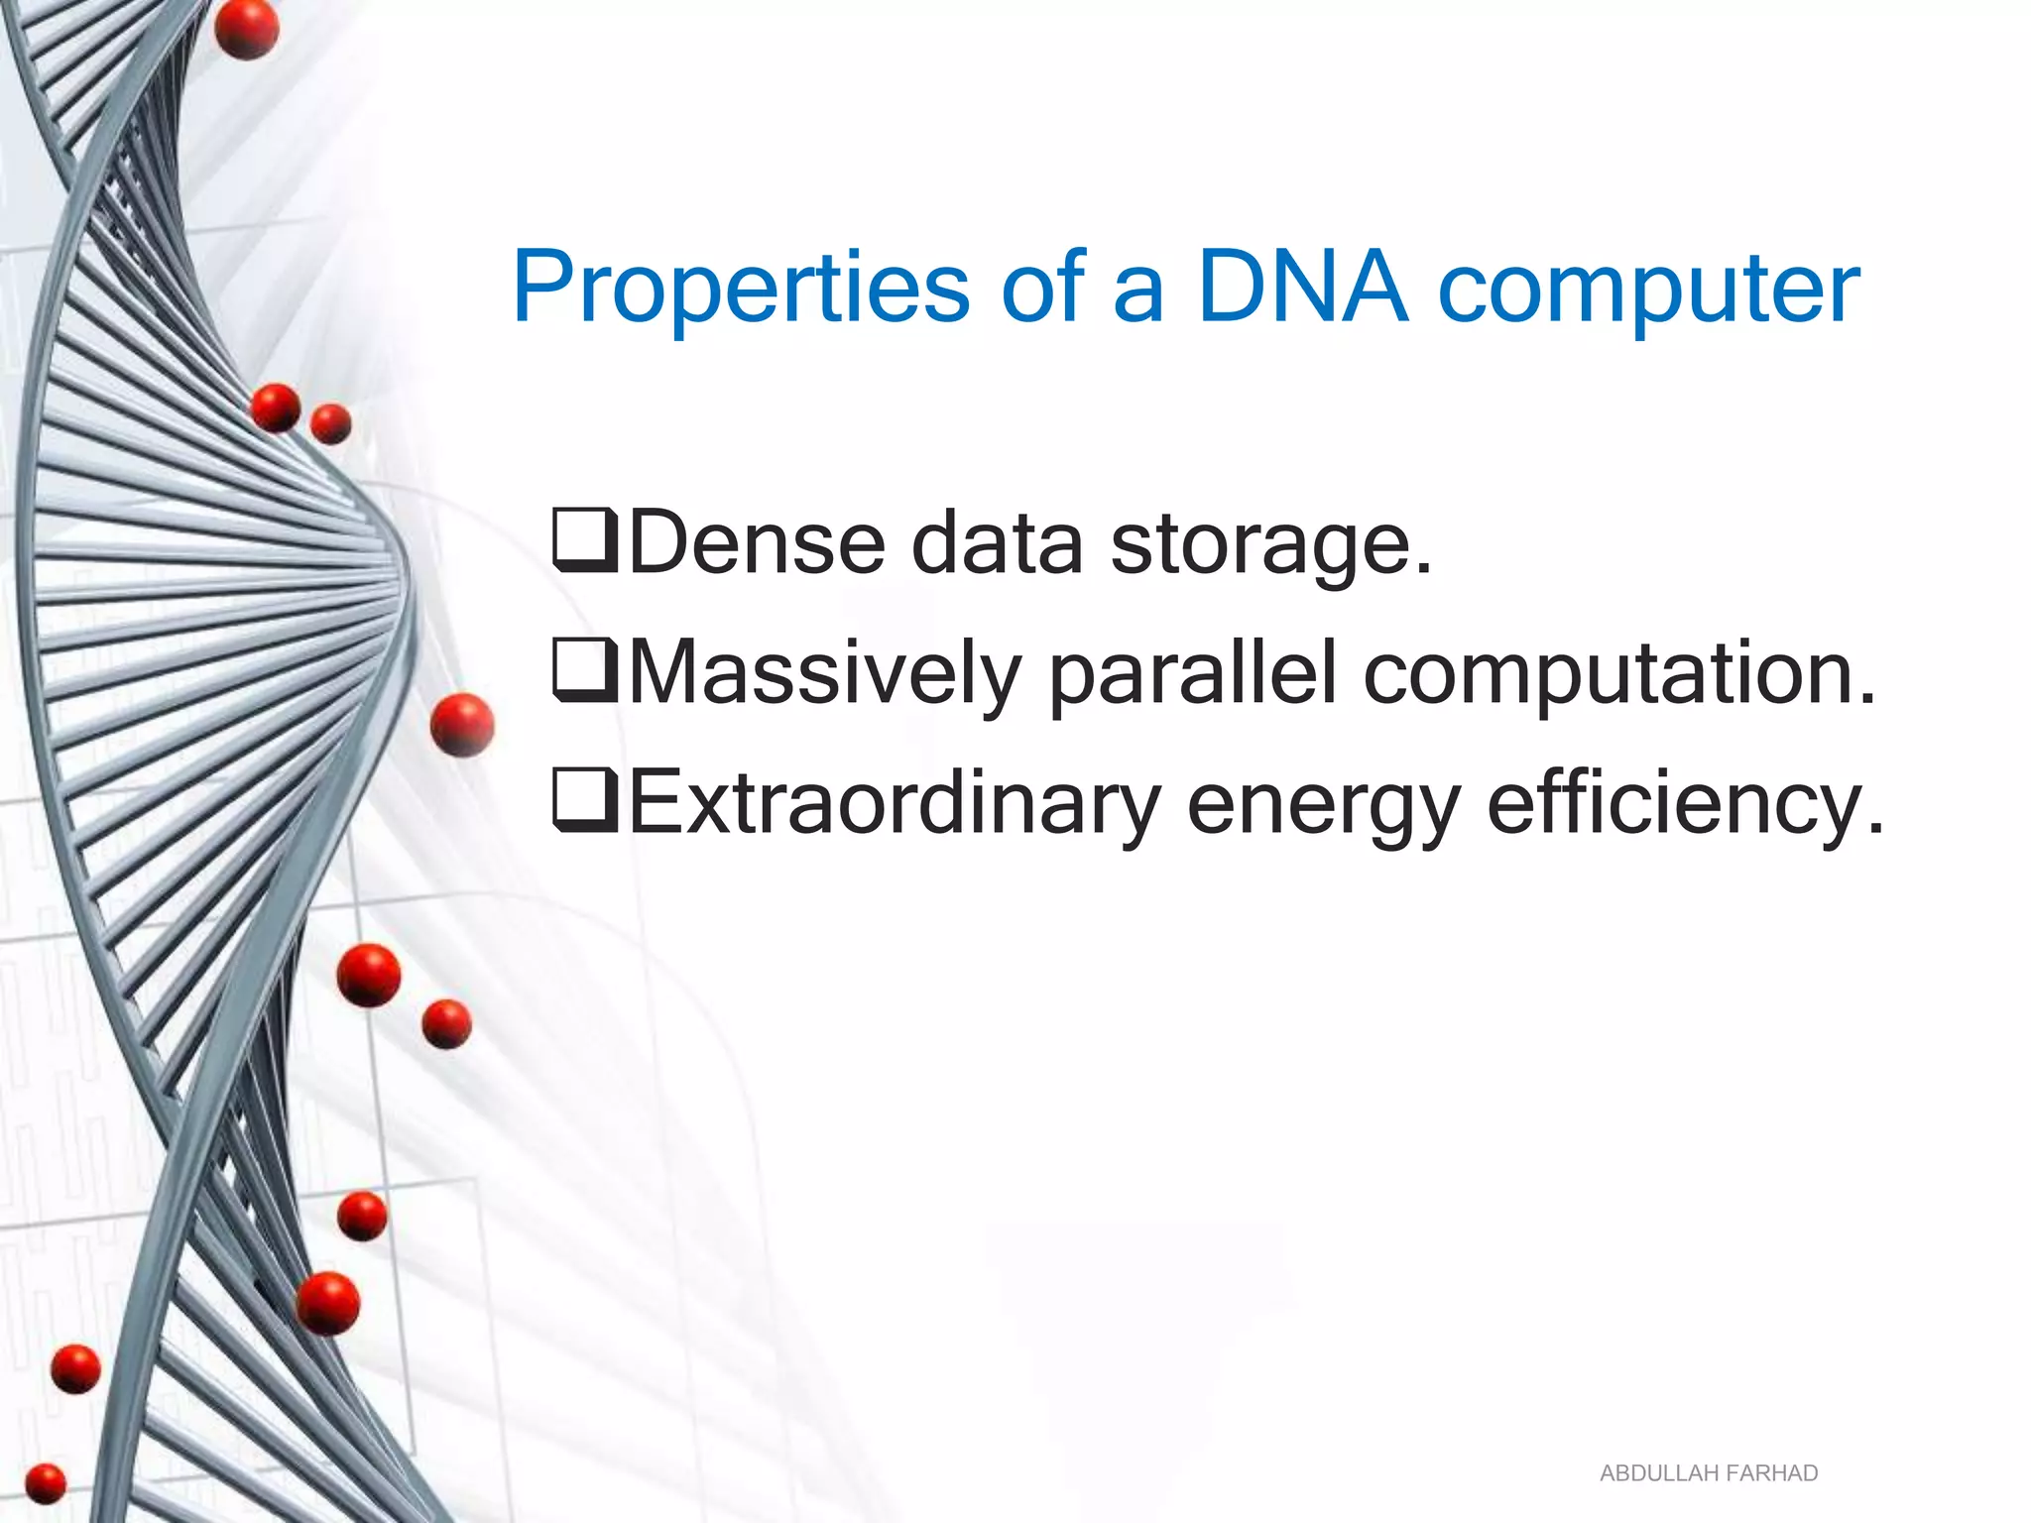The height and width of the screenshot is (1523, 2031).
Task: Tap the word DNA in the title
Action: click(1302, 288)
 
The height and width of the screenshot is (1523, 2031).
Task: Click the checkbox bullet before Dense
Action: click(585, 540)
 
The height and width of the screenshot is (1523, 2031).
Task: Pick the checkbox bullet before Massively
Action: click(585, 671)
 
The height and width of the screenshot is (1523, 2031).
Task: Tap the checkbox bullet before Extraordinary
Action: click(585, 800)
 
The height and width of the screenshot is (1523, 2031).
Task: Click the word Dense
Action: click(757, 542)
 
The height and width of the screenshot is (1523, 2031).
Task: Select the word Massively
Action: click(824, 674)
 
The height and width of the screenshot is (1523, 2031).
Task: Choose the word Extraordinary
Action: click(894, 804)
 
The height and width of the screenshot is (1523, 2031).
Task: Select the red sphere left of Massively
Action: click(462, 725)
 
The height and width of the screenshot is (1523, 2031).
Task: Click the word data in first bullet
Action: click(997, 542)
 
